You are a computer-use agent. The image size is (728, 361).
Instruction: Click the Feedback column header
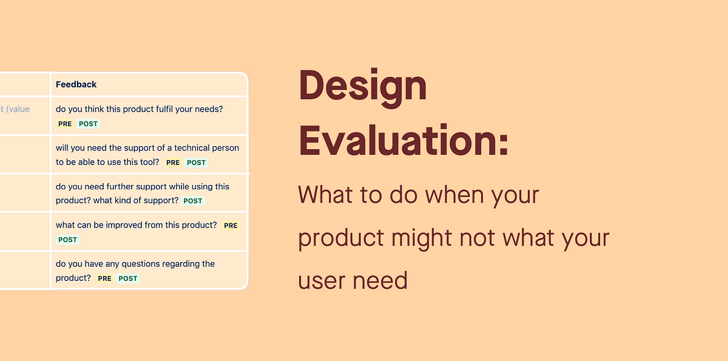click(x=76, y=84)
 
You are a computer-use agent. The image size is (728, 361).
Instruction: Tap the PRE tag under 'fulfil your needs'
click(x=65, y=124)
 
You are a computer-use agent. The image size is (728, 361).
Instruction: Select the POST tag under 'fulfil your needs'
click(x=89, y=124)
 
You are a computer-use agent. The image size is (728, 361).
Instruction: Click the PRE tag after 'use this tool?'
click(x=173, y=163)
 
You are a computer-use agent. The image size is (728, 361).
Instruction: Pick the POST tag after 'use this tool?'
click(x=197, y=163)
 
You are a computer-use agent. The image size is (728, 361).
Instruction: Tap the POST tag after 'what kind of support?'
click(x=193, y=201)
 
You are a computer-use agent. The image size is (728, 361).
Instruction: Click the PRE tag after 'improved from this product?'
click(x=231, y=226)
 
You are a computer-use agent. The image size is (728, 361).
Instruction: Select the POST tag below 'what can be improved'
click(x=67, y=240)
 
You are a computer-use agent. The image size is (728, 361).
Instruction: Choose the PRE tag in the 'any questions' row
click(x=104, y=278)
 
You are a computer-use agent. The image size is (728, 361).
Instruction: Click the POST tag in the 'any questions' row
click(x=128, y=278)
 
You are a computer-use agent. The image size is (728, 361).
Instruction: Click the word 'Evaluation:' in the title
click(x=403, y=141)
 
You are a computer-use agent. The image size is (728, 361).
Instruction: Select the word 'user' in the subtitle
click(x=321, y=281)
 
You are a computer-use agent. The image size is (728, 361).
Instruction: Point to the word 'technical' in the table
click(x=192, y=148)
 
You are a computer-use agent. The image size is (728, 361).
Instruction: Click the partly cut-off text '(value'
click(x=18, y=109)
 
